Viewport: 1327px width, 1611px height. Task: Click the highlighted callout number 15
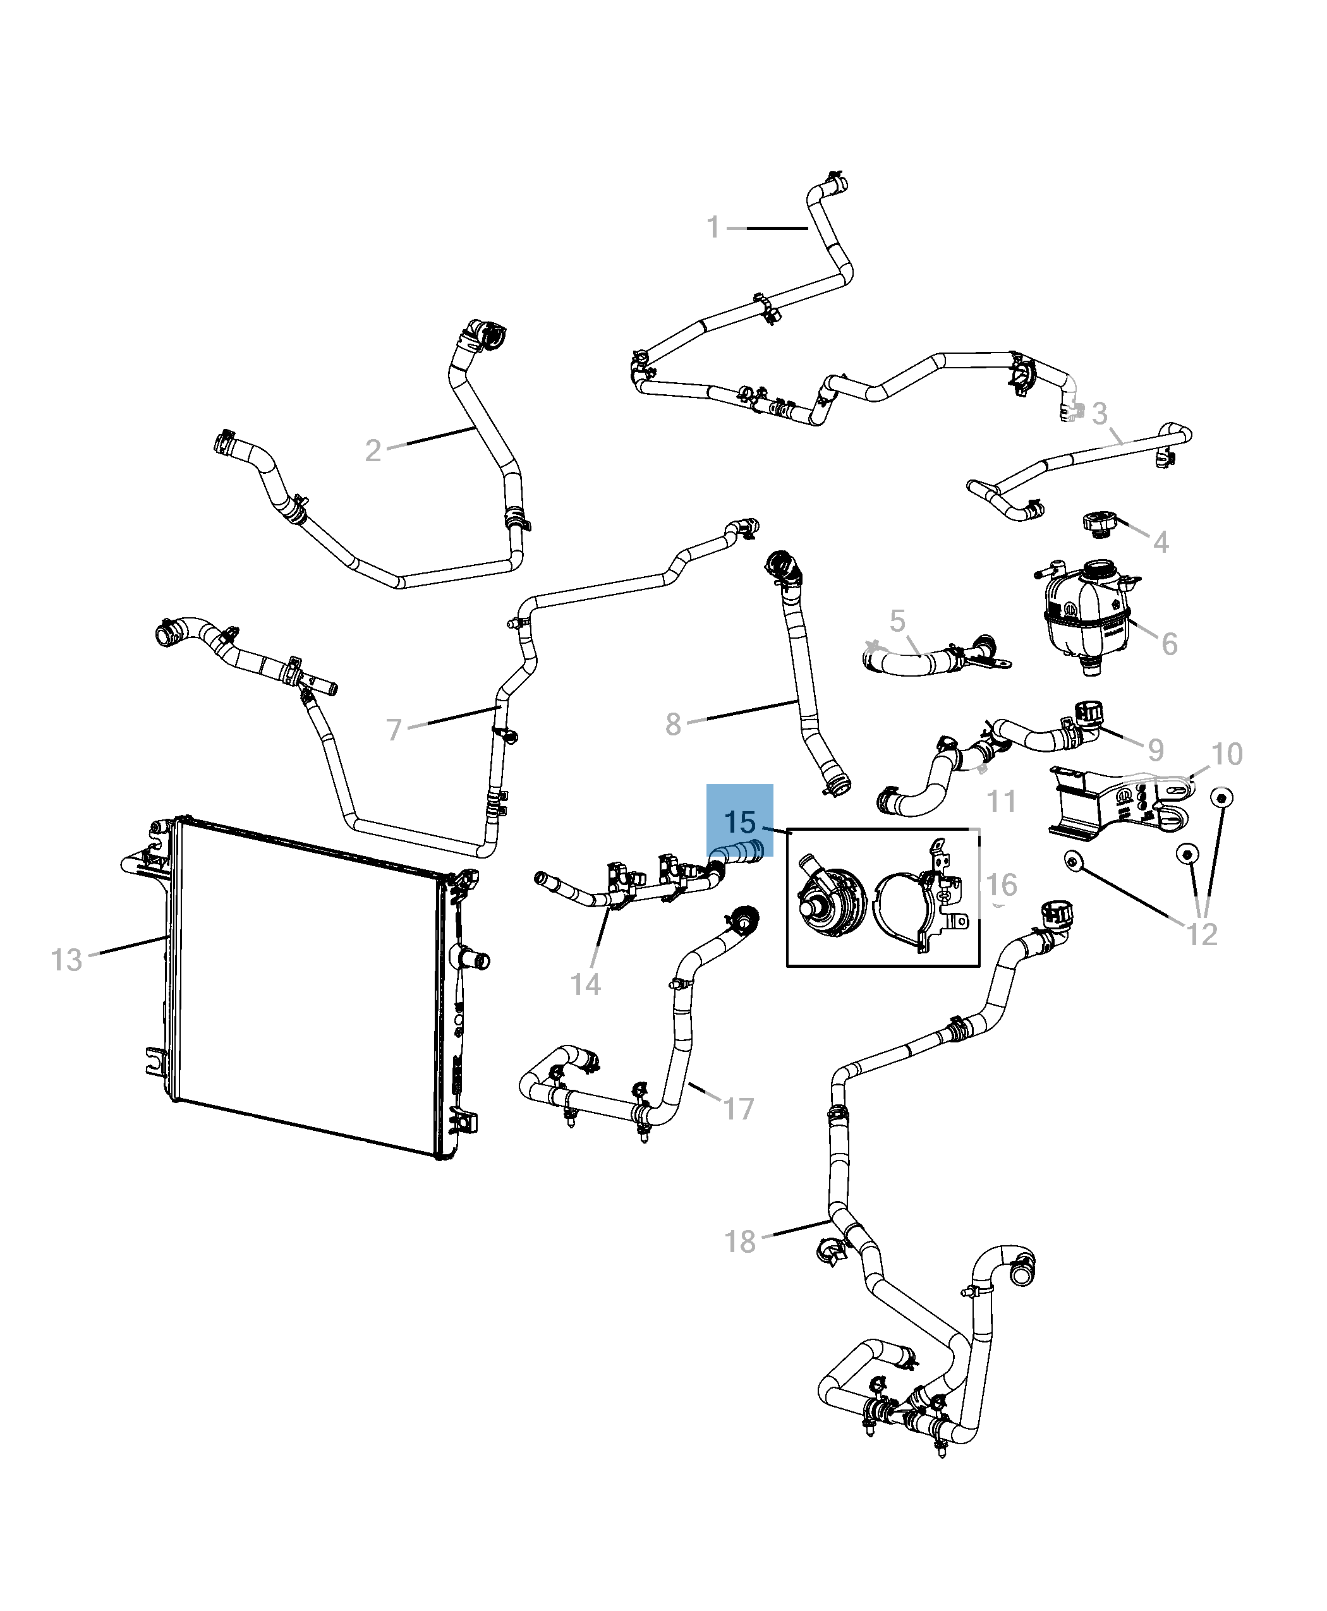[739, 823]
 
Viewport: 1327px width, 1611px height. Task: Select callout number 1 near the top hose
[712, 227]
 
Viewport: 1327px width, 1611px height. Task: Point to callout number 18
[740, 1242]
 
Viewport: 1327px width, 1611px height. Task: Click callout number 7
[394, 730]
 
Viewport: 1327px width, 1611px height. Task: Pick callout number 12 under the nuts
[1202, 934]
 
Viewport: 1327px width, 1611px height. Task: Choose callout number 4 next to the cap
[1160, 543]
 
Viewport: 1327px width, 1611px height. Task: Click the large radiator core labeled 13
[306, 994]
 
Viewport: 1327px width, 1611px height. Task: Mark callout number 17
[739, 1109]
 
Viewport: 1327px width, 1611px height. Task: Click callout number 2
[372, 451]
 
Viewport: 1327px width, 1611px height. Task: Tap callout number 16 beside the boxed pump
[1002, 885]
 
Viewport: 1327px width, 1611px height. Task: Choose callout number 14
[586, 984]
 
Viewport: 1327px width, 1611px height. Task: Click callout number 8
[673, 725]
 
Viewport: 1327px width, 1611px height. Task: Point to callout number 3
[1100, 414]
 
